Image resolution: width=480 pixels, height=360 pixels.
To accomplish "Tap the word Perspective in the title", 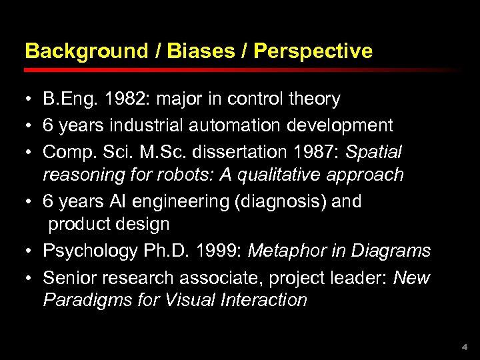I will coord(313,51).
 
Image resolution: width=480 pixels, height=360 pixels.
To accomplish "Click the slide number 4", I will coord(465,347).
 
